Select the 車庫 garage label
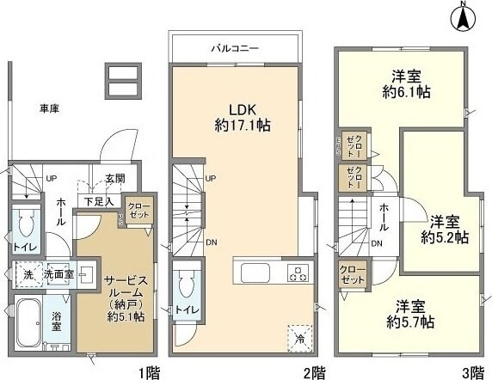[49, 108]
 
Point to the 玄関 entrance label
[114, 179]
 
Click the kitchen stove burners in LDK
[298, 274]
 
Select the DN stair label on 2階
[211, 242]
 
